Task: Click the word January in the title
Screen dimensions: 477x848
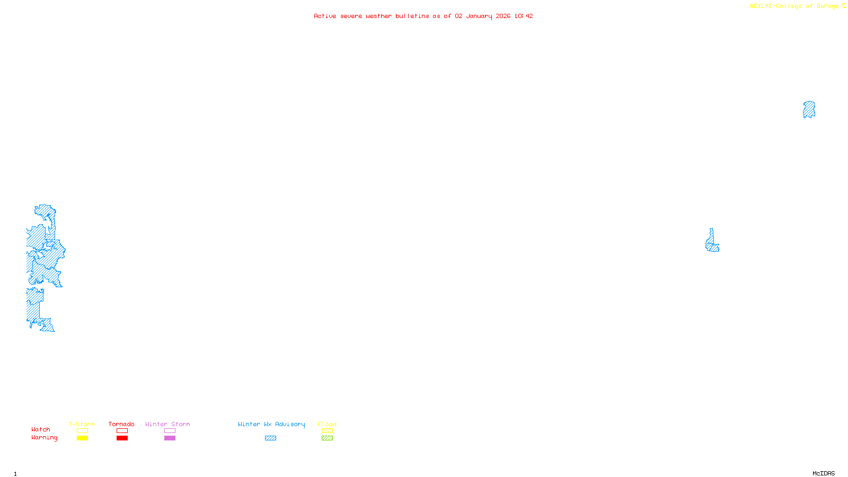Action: (x=479, y=16)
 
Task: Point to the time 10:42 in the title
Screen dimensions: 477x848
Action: (x=524, y=16)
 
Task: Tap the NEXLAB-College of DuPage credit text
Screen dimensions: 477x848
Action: (x=794, y=6)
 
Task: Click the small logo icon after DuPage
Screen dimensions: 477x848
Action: (x=843, y=6)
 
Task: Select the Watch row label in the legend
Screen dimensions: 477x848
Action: (x=41, y=429)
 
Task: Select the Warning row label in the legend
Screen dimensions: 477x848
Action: (x=44, y=438)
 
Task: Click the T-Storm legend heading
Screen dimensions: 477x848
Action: (x=82, y=424)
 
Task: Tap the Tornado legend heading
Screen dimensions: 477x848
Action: (x=121, y=424)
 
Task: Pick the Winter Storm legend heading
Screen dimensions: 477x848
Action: (x=167, y=424)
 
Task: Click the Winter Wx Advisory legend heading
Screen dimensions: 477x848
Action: (x=271, y=424)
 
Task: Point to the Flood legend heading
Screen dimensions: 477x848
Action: (x=327, y=424)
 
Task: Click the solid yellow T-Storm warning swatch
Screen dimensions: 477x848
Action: (x=82, y=438)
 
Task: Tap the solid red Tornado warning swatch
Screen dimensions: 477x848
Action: (x=122, y=438)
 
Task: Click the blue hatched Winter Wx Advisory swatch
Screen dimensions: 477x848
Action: (x=270, y=438)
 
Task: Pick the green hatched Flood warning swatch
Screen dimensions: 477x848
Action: (x=327, y=438)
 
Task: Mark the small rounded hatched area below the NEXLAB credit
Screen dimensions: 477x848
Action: (x=809, y=110)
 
